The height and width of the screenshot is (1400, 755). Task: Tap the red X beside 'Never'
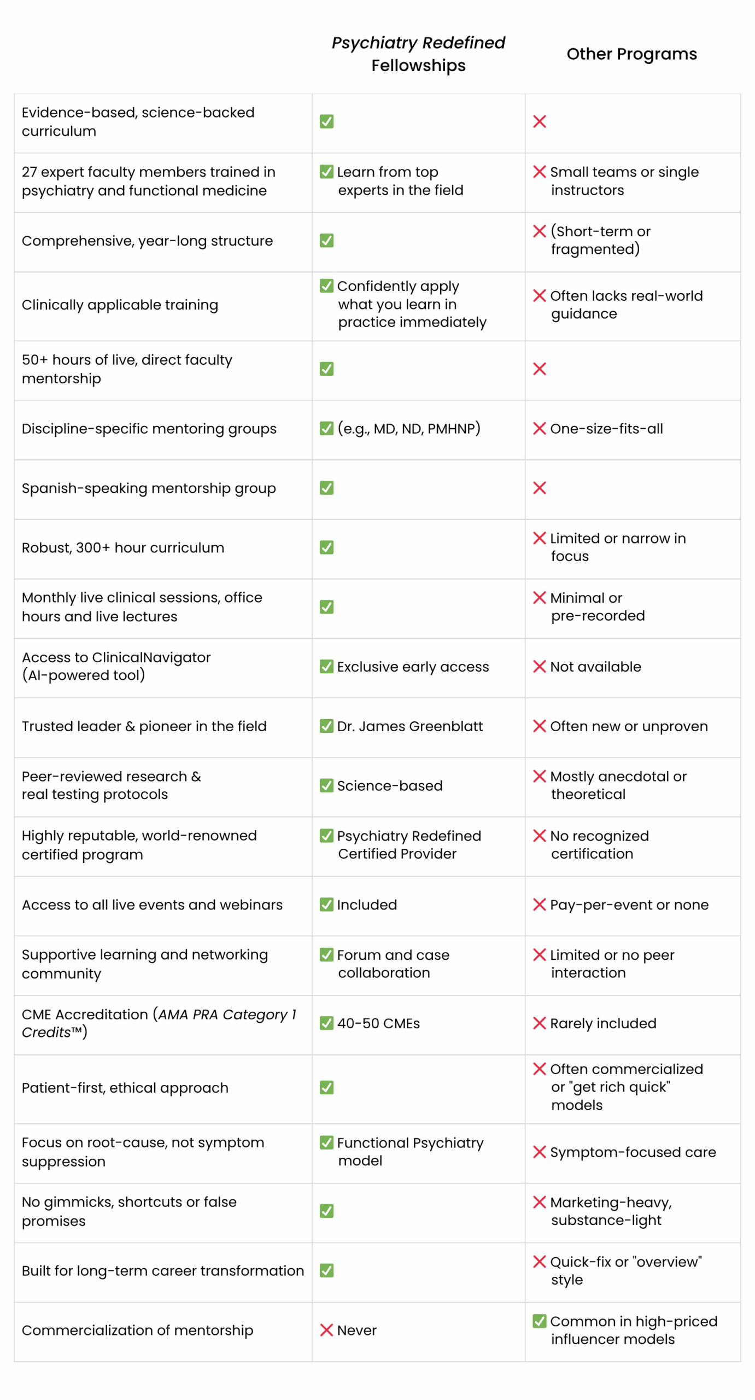(x=326, y=1329)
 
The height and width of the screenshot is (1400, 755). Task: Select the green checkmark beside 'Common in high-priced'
(x=539, y=1320)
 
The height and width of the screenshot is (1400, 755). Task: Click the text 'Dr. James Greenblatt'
(x=409, y=726)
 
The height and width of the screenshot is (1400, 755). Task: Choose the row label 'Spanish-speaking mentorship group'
(x=149, y=488)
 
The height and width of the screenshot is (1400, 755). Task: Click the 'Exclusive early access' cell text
(x=413, y=666)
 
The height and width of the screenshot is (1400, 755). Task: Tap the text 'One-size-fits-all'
(x=606, y=428)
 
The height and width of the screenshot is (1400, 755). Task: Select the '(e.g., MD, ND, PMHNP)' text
(x=408, y=428)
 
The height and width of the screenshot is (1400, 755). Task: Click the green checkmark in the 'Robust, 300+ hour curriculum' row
(x=326, y=547)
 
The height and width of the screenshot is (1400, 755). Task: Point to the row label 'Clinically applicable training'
(x=120, y=305)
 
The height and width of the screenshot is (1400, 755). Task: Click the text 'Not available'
(x=595, y=666)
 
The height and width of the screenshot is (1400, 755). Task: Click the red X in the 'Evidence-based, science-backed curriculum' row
(x=539, y=121)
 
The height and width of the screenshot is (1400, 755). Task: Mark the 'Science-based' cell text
(x=389, y=785)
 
